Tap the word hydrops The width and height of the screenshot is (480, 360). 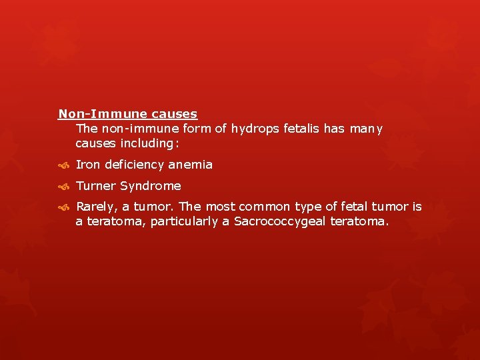click(253, 129)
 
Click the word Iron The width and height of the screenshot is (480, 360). click(87, 165)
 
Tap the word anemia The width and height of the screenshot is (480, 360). click(190, 165)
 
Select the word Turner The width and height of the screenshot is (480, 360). click(95, 186)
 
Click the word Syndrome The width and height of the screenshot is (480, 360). click(150, 186)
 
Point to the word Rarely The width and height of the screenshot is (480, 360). click(97, 207)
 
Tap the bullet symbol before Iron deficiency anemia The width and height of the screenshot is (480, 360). click(63, 165)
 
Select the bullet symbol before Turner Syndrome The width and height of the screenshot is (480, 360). click(63, 187)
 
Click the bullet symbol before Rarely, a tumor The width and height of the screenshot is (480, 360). click(63, 208)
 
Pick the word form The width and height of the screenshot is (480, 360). click(197, 129)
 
